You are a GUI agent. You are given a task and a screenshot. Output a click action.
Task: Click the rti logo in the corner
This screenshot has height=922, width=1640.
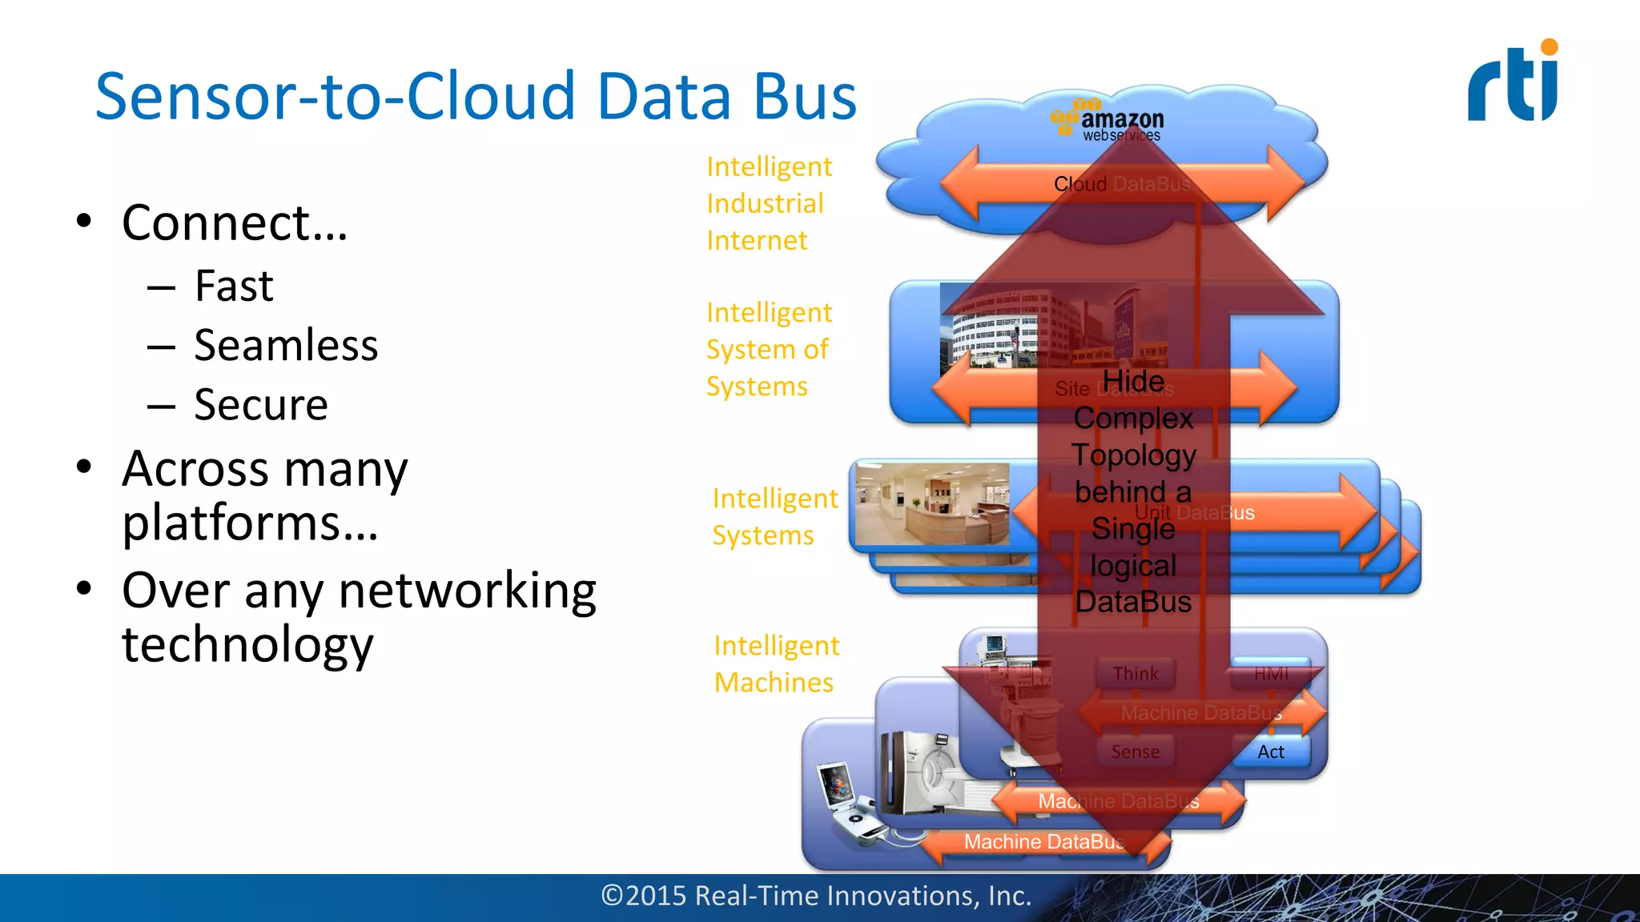pos(1513,82)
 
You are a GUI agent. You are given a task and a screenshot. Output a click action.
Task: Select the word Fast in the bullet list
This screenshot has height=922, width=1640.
pos(234,287)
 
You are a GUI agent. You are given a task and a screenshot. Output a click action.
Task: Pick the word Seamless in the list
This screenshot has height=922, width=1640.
pos(286,346)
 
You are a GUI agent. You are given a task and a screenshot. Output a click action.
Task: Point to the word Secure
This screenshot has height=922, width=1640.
pos(261,405)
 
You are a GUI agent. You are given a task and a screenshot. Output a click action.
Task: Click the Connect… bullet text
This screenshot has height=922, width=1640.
pos(235,223)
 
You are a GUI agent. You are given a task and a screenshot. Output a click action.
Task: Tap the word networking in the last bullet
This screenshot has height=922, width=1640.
pos(467,591)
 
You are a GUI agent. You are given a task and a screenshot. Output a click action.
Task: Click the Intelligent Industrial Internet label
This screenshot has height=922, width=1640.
pos(768,203)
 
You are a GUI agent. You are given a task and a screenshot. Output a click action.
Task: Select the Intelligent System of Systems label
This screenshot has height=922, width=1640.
pos(768,350)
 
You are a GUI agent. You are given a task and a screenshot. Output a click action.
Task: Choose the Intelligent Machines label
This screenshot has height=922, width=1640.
pos(775,664)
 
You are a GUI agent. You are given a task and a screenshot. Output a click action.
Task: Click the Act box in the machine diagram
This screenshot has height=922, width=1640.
pos(1270,752)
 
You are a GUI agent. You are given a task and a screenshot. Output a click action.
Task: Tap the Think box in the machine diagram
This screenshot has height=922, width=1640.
pos(1135,674)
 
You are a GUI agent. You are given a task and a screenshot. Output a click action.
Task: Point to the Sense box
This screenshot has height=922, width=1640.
pos(1135,752)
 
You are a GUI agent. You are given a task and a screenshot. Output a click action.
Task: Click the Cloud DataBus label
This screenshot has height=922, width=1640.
pos(1121,184)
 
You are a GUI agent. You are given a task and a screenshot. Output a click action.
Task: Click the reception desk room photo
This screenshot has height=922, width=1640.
pos(932,504)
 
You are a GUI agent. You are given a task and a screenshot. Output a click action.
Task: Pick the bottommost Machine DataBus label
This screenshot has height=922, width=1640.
pos(1043,842)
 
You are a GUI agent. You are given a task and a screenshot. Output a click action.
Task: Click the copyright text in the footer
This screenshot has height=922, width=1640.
pos(816,896)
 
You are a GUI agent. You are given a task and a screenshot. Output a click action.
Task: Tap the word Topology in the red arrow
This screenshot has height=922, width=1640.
pos(1134,455)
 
